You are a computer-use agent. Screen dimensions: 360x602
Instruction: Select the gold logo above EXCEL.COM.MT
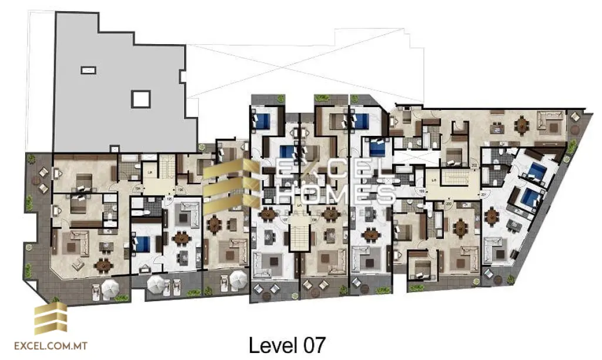click(51, 319)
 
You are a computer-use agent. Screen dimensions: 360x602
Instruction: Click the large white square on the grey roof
click(141, 99)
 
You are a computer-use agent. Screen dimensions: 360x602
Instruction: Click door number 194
click(138, 188)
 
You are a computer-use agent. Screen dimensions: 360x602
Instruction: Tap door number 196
click(180, 189)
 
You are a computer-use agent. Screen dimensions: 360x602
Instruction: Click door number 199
click(421, 191)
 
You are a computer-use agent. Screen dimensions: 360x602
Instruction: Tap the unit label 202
click(474, 166)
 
